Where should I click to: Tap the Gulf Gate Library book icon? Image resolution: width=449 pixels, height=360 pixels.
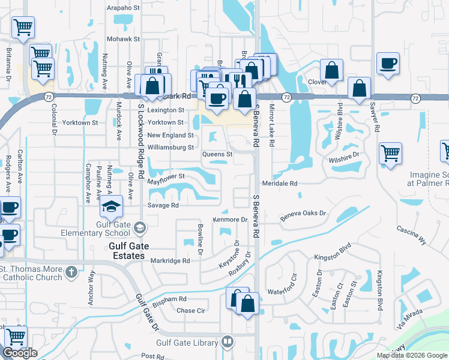[227, 342]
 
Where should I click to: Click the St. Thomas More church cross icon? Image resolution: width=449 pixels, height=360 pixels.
[71, 272]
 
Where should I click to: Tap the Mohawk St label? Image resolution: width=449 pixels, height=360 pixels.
[123, 39]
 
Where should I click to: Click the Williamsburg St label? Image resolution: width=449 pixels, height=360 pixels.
[170, 147]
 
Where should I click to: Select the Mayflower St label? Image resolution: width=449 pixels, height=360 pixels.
[165, 177]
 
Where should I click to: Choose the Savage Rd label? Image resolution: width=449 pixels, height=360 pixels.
[163, 205]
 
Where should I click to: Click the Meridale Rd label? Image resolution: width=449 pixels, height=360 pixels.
[280, 183]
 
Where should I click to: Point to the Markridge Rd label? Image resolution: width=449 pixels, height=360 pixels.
[170, 261]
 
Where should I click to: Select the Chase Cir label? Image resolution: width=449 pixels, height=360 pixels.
[191, 311]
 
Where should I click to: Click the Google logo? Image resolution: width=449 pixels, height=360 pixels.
[20, 353]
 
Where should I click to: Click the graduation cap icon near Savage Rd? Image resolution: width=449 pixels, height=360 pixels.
[112, 206]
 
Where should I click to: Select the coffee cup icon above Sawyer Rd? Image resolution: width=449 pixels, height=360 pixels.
[388, 63]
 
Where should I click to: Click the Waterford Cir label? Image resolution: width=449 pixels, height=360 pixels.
[283, 292]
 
